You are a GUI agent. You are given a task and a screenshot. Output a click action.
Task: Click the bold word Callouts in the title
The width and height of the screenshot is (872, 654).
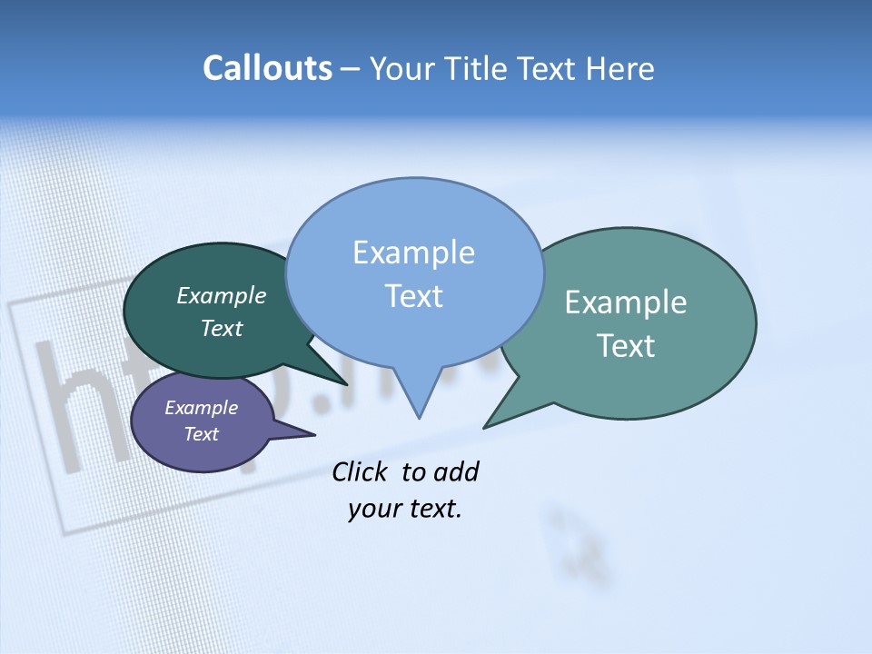[x=268, y=68]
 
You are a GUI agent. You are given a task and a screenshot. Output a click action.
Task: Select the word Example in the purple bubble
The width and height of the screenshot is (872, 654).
[x=201, y=408]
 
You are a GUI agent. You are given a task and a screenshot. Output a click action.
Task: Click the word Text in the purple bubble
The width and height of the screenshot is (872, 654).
[x=201, y=434]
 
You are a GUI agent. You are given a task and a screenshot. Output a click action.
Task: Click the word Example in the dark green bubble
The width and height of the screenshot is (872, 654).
[x=221, y=295]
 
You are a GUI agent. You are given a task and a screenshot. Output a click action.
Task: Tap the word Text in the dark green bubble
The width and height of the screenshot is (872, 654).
[x=221, y=328]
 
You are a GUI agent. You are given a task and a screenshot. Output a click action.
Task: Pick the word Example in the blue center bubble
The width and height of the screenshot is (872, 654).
[x=413, y=253]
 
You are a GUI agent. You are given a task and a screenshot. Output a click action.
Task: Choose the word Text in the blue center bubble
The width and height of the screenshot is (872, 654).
[x=413, y=296]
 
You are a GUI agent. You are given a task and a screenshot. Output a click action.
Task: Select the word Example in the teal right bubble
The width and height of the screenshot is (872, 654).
[x=626, y=302]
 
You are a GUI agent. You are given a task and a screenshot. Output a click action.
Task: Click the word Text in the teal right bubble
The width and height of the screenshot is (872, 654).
[x=626, y=346]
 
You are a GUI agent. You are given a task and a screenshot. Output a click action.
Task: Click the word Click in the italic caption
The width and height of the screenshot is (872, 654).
[x=360, y=471]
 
